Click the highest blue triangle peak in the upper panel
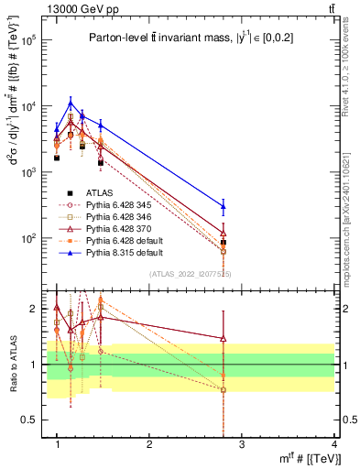point(71,102)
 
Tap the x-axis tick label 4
point(335,444)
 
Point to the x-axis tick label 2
point(150,444)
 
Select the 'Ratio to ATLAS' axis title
point(12,365)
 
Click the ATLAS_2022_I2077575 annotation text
point(190,274)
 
